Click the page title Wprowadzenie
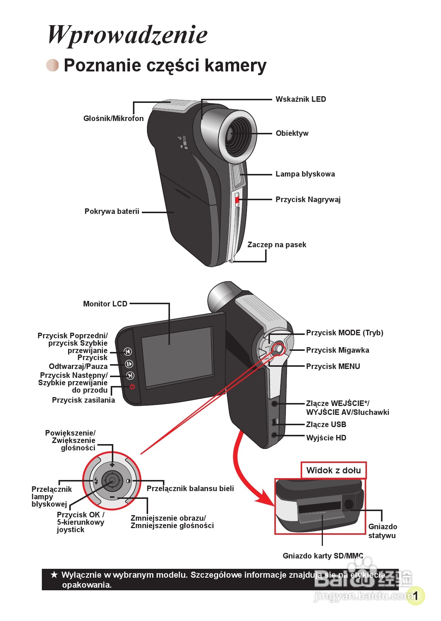click(127, 35)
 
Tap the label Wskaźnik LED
click(301, 99)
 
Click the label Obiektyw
click(292, 133)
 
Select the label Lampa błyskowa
click(305, 174)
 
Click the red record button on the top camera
click(237, 200)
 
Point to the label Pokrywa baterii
click(112, 211)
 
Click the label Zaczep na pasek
click(277, 245)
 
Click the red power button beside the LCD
click(132, 387)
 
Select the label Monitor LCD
click(105, 304)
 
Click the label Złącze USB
click(326, 424)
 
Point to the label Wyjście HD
click(326, 438)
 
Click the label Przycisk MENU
click(333, 366)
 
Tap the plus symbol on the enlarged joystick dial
click(112, 464)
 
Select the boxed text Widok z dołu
click(333, 470)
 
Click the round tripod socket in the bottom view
click(348, 504)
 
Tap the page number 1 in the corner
click(415, 596)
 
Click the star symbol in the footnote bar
click(54, 575)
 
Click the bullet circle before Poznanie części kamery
click(53, 65)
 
